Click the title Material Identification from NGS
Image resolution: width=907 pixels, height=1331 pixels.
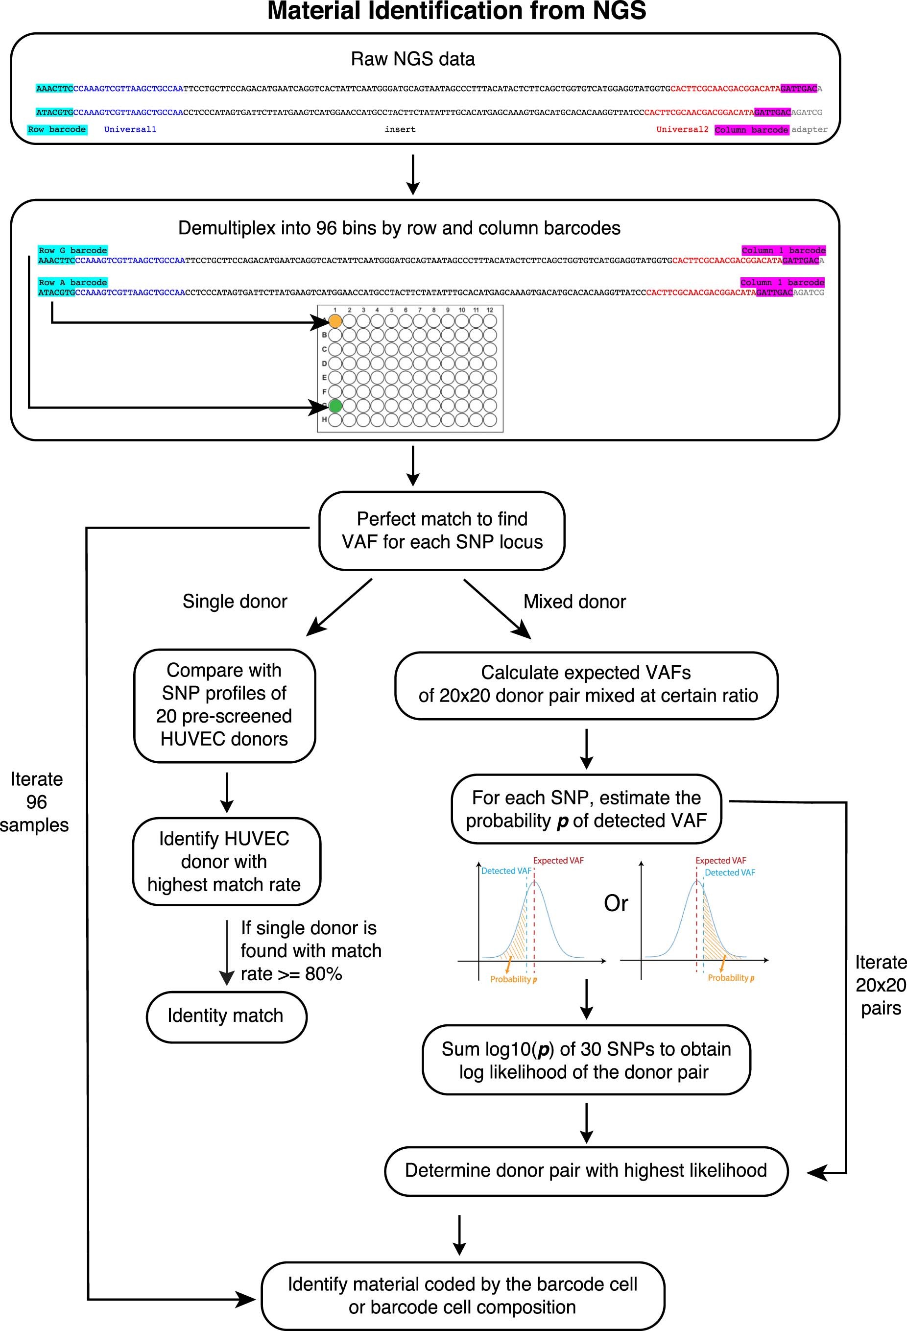pos(456,11)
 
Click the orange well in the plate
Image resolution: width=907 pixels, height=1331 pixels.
pos(335,321)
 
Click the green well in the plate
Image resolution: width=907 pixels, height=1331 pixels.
pos(335,406)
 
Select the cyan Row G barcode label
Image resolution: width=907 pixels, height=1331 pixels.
pos(72,250)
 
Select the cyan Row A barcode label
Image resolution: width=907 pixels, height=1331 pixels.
pos(72,282)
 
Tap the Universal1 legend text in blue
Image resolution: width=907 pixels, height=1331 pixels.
pos(130,129)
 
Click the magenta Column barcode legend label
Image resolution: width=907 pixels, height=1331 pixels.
pos(751,130)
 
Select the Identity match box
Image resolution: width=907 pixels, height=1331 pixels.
pos(226,1016)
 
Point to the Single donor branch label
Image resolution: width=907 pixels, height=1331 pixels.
pos(235,602)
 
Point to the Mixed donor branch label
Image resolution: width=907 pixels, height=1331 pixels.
pos(574,602)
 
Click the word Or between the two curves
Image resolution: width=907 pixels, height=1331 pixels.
pos(616,903)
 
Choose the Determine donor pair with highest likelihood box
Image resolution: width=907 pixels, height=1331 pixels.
pos(586,1170)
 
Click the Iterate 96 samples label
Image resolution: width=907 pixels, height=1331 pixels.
pos(35,802)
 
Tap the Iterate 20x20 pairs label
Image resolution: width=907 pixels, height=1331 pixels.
pos(881,985)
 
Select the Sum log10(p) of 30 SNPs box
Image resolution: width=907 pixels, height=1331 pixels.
pos(586,1060)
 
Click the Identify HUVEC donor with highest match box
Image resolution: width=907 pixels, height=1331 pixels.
pos(226,861)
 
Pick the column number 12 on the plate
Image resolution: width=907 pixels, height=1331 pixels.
pos(490,310)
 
